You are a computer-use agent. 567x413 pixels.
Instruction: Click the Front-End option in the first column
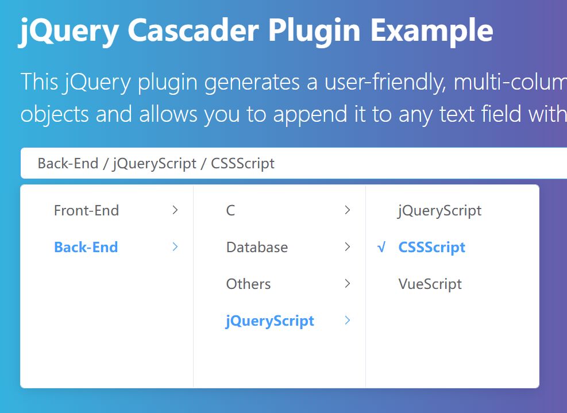[86, 210]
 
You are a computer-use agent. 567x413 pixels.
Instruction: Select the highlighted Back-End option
[86, 247]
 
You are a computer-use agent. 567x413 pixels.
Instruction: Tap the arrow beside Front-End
[175, 210]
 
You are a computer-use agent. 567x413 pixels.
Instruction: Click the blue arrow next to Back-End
[175, 247]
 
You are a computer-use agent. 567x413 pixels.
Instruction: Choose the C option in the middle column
[231, 210]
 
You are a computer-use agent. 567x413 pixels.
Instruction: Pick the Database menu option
[257, 247]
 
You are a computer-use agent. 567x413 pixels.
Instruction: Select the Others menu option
[248, 284]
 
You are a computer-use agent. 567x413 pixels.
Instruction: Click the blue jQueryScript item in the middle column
[270, 321]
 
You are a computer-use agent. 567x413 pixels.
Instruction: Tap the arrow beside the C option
[348, 210]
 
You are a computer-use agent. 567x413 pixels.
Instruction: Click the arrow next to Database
[348, 247]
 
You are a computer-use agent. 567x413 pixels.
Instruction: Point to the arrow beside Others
[348, 284]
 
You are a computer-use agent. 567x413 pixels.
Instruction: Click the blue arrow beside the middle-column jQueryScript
[348, 321]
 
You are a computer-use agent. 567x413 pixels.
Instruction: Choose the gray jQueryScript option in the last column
[439, 211]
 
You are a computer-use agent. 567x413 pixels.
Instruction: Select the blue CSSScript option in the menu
[432, 248]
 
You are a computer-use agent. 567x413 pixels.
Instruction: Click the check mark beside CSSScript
[381, 248]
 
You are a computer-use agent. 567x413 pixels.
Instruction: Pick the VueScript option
[430, 284]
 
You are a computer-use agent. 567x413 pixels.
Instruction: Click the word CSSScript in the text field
[242, 164]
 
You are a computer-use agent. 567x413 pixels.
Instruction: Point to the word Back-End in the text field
[68, 163]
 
